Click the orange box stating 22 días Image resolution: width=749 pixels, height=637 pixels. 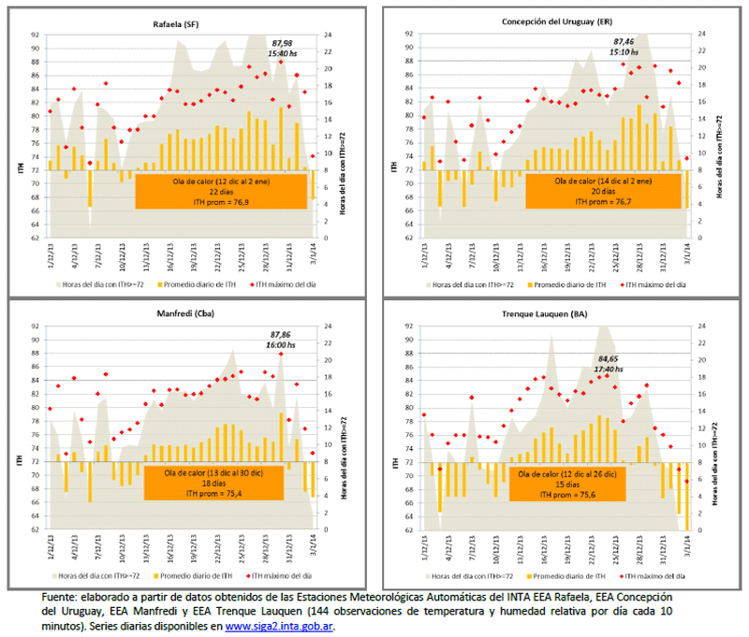pos(221,191)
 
